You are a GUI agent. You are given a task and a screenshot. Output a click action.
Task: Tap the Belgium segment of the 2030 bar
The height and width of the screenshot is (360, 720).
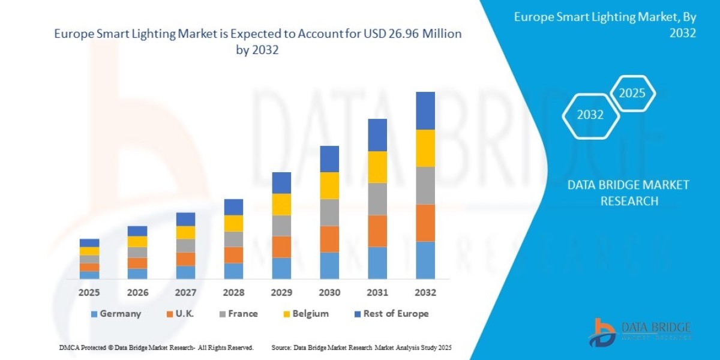(329, 185)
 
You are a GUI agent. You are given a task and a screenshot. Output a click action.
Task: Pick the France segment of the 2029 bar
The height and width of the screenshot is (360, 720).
(281, 226)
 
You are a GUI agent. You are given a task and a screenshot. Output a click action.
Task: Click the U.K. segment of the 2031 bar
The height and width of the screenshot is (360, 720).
(377, 231)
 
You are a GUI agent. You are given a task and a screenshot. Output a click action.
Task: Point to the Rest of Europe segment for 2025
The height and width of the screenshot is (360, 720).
(89, 243)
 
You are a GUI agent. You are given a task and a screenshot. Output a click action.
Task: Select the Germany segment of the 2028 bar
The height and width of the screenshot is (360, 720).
(233, 271)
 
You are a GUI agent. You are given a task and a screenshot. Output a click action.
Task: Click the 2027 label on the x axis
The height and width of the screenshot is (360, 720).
(185, 293)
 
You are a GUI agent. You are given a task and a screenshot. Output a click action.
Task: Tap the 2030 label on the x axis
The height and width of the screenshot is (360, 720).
(329, 293)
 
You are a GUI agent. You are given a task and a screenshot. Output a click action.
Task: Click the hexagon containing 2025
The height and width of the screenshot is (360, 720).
(632, 94)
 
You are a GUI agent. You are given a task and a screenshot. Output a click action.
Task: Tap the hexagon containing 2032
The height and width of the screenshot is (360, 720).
(590, 115)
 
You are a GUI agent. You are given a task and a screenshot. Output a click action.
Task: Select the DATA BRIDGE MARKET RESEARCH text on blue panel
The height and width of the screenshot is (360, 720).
(628, 193)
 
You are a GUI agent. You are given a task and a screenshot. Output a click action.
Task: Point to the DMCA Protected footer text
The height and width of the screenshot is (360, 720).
(156, 347)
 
